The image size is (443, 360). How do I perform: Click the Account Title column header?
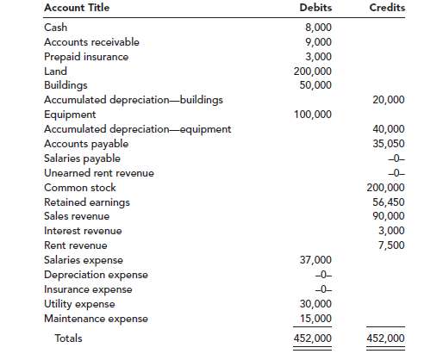coord(76,8)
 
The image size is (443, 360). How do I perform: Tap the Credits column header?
coord(387,8)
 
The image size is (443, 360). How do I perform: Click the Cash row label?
coord(55,28)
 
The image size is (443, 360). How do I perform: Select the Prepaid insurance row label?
coord(85,56)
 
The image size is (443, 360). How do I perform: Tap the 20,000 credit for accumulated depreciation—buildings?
coord(389,100)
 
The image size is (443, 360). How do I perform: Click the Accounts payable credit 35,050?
coord(389,144)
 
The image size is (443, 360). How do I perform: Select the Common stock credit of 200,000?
coord(386,188)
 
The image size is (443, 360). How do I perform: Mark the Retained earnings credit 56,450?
coord(389,202)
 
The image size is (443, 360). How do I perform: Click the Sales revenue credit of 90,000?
coord(389,216)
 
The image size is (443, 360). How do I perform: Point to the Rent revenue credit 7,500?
coord(391,245)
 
